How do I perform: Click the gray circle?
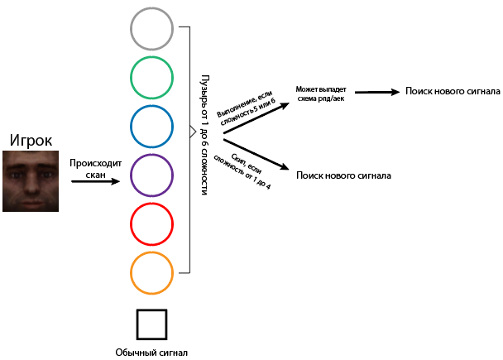click(x=151, y=30)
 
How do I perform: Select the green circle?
click(x=151, y=79)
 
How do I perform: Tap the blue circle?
click(x=151, y=127)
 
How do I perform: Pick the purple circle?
click(x=151, y=175)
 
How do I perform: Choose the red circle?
click(x=151, y=224)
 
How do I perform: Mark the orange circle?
click(x=151, y=273)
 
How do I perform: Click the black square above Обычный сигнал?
click(x=151, y=325)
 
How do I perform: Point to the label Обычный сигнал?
click(x=151, y=353)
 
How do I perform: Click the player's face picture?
click(x=31, y=182)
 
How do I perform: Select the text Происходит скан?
click(x=95, y=169)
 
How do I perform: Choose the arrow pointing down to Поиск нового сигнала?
click(x=256, y=154)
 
